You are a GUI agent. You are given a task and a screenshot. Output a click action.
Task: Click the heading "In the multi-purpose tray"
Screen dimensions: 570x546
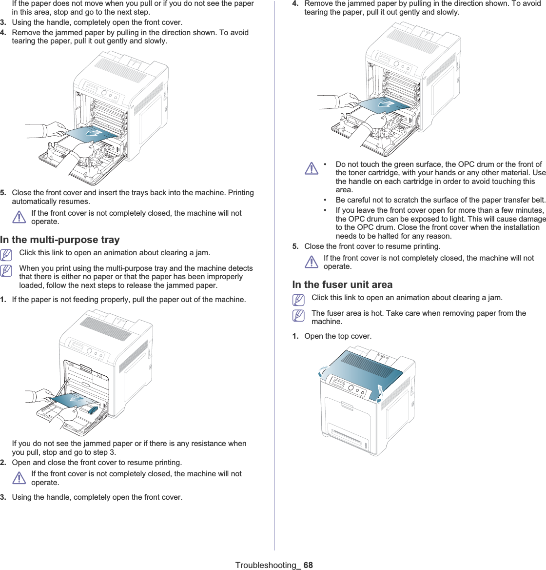point(60,240)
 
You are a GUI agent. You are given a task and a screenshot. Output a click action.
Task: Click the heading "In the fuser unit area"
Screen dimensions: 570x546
point(342,285)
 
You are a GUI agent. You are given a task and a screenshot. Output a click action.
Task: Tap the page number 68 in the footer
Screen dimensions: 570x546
point(308,565)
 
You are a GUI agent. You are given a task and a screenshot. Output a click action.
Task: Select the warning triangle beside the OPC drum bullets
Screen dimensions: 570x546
point(311,169)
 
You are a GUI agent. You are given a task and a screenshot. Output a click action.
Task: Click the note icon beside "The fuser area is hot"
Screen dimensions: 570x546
point(298,316)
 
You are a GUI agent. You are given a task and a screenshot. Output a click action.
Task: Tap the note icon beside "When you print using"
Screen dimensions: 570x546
point(6,270)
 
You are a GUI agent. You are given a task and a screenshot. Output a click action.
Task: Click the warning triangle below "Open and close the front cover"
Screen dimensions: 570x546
point(19,478)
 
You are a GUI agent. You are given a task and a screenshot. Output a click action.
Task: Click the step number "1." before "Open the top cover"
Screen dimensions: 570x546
point(295,336)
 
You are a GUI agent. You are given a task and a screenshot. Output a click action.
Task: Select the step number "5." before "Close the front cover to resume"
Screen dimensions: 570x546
point(295,246)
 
